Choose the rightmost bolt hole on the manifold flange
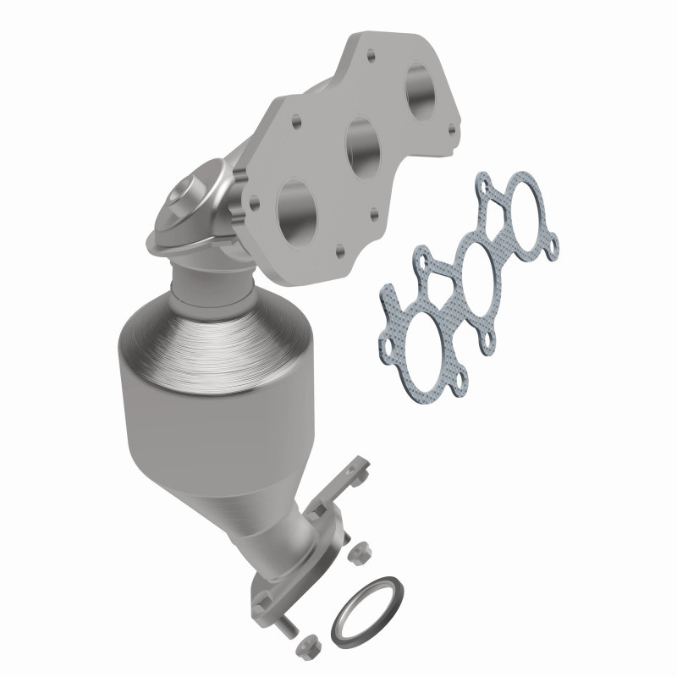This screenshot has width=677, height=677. point(450,129)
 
